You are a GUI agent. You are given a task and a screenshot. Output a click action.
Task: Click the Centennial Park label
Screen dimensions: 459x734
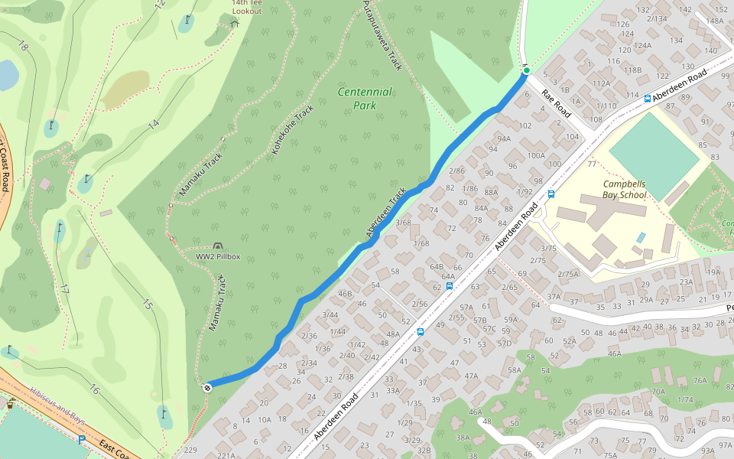click(x=365, y=99)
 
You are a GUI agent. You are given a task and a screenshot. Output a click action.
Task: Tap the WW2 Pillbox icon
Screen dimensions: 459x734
click(x=218, y=246)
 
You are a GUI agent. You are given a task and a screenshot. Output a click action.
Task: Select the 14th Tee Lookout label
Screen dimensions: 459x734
click(x=247, y=7)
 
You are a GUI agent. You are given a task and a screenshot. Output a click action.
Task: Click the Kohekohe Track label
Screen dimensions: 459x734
click(x=292, y=129)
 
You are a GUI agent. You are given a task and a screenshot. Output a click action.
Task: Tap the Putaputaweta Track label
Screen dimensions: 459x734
click(x=382, y=35)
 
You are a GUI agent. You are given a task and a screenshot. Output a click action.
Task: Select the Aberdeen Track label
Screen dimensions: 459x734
click(x=386, y=213)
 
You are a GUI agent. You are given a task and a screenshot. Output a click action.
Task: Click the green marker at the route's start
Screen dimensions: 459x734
click(x=526, y=70)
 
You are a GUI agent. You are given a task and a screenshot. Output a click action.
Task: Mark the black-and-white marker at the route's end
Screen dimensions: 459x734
click(x=206, y=387)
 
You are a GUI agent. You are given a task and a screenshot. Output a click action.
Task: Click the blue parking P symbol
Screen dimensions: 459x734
click(x=82, y=439)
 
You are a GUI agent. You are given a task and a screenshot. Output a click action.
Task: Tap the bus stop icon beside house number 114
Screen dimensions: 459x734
click(x=648, y=99)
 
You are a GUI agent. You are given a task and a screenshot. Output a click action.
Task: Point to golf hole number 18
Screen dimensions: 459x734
click(x=22, y=47)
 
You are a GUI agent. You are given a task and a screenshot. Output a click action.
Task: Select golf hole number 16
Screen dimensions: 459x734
click(x=94, y=390)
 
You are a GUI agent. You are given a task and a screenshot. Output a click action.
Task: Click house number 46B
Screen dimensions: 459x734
click(x=345, y=294)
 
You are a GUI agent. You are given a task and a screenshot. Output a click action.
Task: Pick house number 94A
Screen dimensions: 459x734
click(x=503, y=138)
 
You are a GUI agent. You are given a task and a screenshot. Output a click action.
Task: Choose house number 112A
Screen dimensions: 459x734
click(x=601, y=83)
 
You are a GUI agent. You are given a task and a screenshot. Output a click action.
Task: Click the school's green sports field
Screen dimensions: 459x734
click(x=654, y=145)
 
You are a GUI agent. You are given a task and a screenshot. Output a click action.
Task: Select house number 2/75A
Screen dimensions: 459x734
click(x=568, y=274)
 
